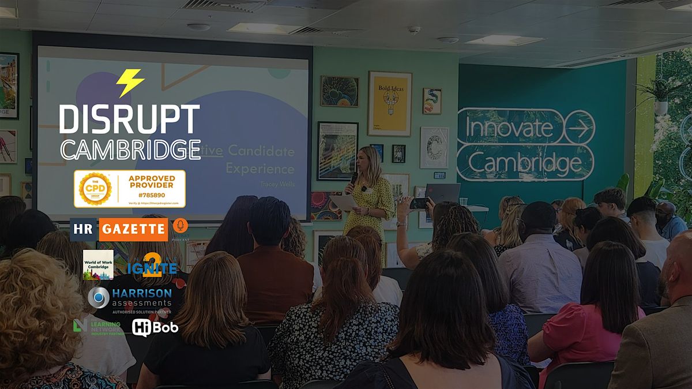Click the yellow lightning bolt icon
pos(130,83)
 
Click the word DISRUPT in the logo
pos(130,119)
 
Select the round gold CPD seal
pos(95,189)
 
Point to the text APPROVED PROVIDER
pos(151,181)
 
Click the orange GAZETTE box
pos(133,229)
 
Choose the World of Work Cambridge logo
pos(98,264)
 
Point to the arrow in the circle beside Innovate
pos(579,127)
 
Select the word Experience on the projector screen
pos(259,169)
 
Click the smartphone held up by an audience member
pos(419,203)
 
